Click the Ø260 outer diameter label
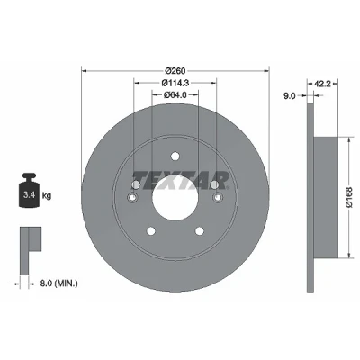(175, 71)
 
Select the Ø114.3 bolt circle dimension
(175, 83)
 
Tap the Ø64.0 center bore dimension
(175, 94)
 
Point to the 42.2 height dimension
(322, 85)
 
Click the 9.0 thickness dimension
(290, 96)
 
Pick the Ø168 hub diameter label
(350, 197)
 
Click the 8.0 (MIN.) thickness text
(58, 283)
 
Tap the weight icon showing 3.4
(30, 190)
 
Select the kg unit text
(47, 196)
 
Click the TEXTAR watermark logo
(181, 181)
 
